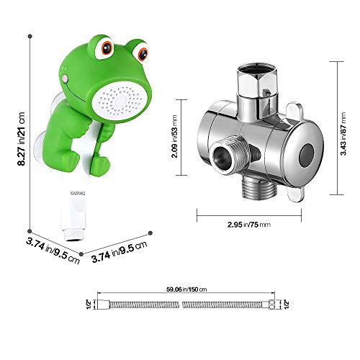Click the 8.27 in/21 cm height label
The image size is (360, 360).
click(19, 137)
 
